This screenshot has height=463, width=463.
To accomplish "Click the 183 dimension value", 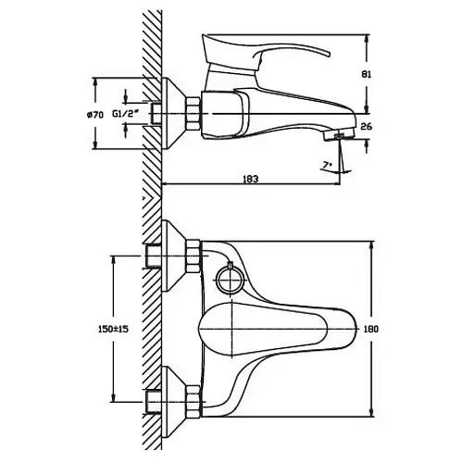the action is (250, 179).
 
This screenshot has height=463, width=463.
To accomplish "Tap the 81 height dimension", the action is (366, 74).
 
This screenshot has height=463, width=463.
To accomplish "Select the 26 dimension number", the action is (366, 126).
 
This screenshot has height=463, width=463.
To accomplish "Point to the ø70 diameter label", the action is (94, 115).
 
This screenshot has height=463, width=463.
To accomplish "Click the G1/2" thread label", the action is (124, 114).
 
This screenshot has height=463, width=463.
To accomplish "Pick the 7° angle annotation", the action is (326, 165).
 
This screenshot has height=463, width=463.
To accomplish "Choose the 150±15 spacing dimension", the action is (113, 329).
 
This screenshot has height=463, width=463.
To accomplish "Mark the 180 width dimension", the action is (370, 329).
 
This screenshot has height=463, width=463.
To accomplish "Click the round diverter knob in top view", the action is (230, 279).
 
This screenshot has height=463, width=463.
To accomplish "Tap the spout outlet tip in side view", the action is (339, 134).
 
